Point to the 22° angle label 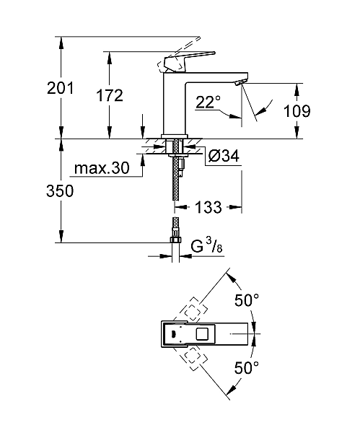(207, 104)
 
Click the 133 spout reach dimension (208, 208)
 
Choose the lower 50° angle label (247, 369)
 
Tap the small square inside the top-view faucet (201, 335)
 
